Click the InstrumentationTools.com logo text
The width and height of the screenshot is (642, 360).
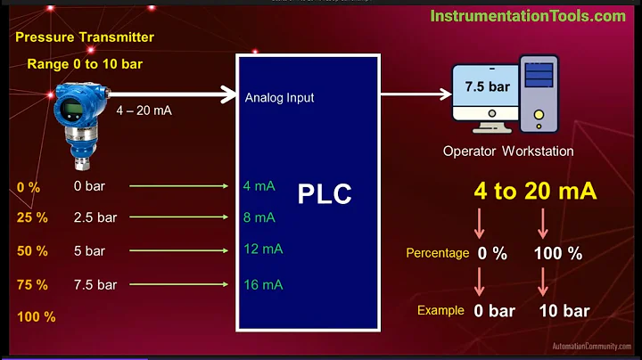[528, 16]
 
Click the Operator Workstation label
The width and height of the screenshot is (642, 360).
[508, 151]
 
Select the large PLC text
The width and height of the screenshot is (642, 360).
[325, 193]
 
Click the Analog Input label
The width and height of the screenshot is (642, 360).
[279, 97]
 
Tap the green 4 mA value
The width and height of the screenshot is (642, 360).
[259, 186]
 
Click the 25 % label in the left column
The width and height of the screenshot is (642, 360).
[32, 217]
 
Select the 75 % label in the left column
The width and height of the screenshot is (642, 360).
[32, 284]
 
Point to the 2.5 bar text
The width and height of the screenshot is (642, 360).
[95, 217]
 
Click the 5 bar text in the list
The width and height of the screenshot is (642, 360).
[89, 250]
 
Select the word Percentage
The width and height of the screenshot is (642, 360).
[438, 253]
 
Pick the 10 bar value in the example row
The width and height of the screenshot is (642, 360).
[564, 311]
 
